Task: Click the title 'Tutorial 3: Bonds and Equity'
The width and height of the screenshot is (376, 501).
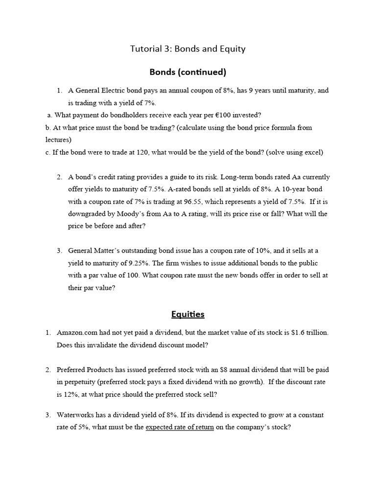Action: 188,48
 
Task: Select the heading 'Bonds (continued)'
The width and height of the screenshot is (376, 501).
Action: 188,72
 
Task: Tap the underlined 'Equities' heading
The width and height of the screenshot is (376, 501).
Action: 188,314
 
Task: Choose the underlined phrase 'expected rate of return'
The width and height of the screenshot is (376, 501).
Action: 180,427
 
